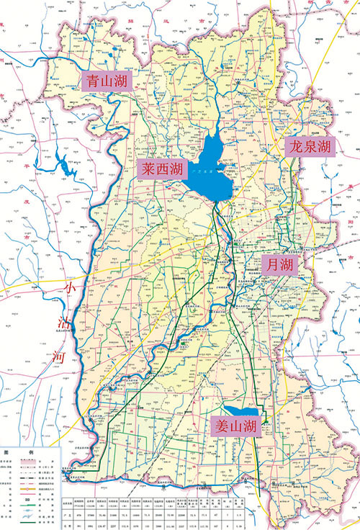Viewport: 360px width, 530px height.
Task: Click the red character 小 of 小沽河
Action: (x=69, y=288)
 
